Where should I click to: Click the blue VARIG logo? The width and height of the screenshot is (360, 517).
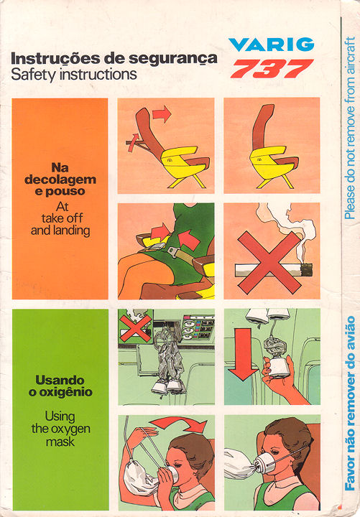[x=271, y=45]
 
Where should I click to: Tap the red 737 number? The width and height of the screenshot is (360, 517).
[x=272, y=69]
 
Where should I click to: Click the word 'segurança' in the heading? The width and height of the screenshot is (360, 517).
[x=173, y=59]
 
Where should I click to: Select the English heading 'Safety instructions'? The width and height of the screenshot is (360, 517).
[x=74, y=75]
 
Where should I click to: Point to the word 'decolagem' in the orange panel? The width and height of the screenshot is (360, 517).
[x=60, y=180]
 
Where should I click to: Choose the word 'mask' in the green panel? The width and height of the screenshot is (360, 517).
[x=60, y=442]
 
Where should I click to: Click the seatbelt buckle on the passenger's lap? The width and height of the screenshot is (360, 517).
[x=174, y=252]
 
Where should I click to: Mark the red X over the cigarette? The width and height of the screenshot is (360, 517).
[x=269, y=263]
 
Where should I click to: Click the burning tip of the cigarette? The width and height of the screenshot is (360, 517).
[x=307, y=270]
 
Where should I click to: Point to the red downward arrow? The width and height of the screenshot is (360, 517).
[x=243, y=354]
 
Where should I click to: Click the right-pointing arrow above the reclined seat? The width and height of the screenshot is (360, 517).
[x=162, y=114]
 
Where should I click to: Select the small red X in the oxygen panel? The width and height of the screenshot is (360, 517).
[x=135, y=328]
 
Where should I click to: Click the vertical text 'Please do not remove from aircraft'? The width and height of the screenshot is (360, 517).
[x=349, y=128]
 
